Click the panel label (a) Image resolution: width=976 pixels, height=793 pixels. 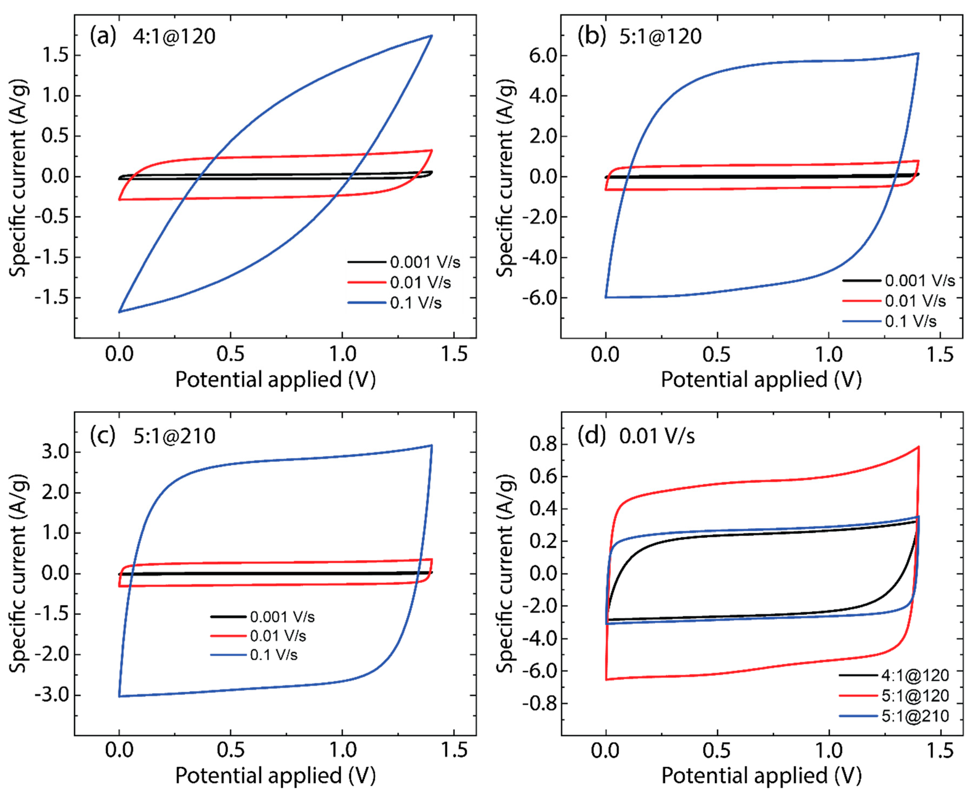pos(103,36)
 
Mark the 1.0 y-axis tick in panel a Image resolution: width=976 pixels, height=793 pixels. pos(55,96)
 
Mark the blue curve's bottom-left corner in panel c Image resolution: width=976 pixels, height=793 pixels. pos(119,696)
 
